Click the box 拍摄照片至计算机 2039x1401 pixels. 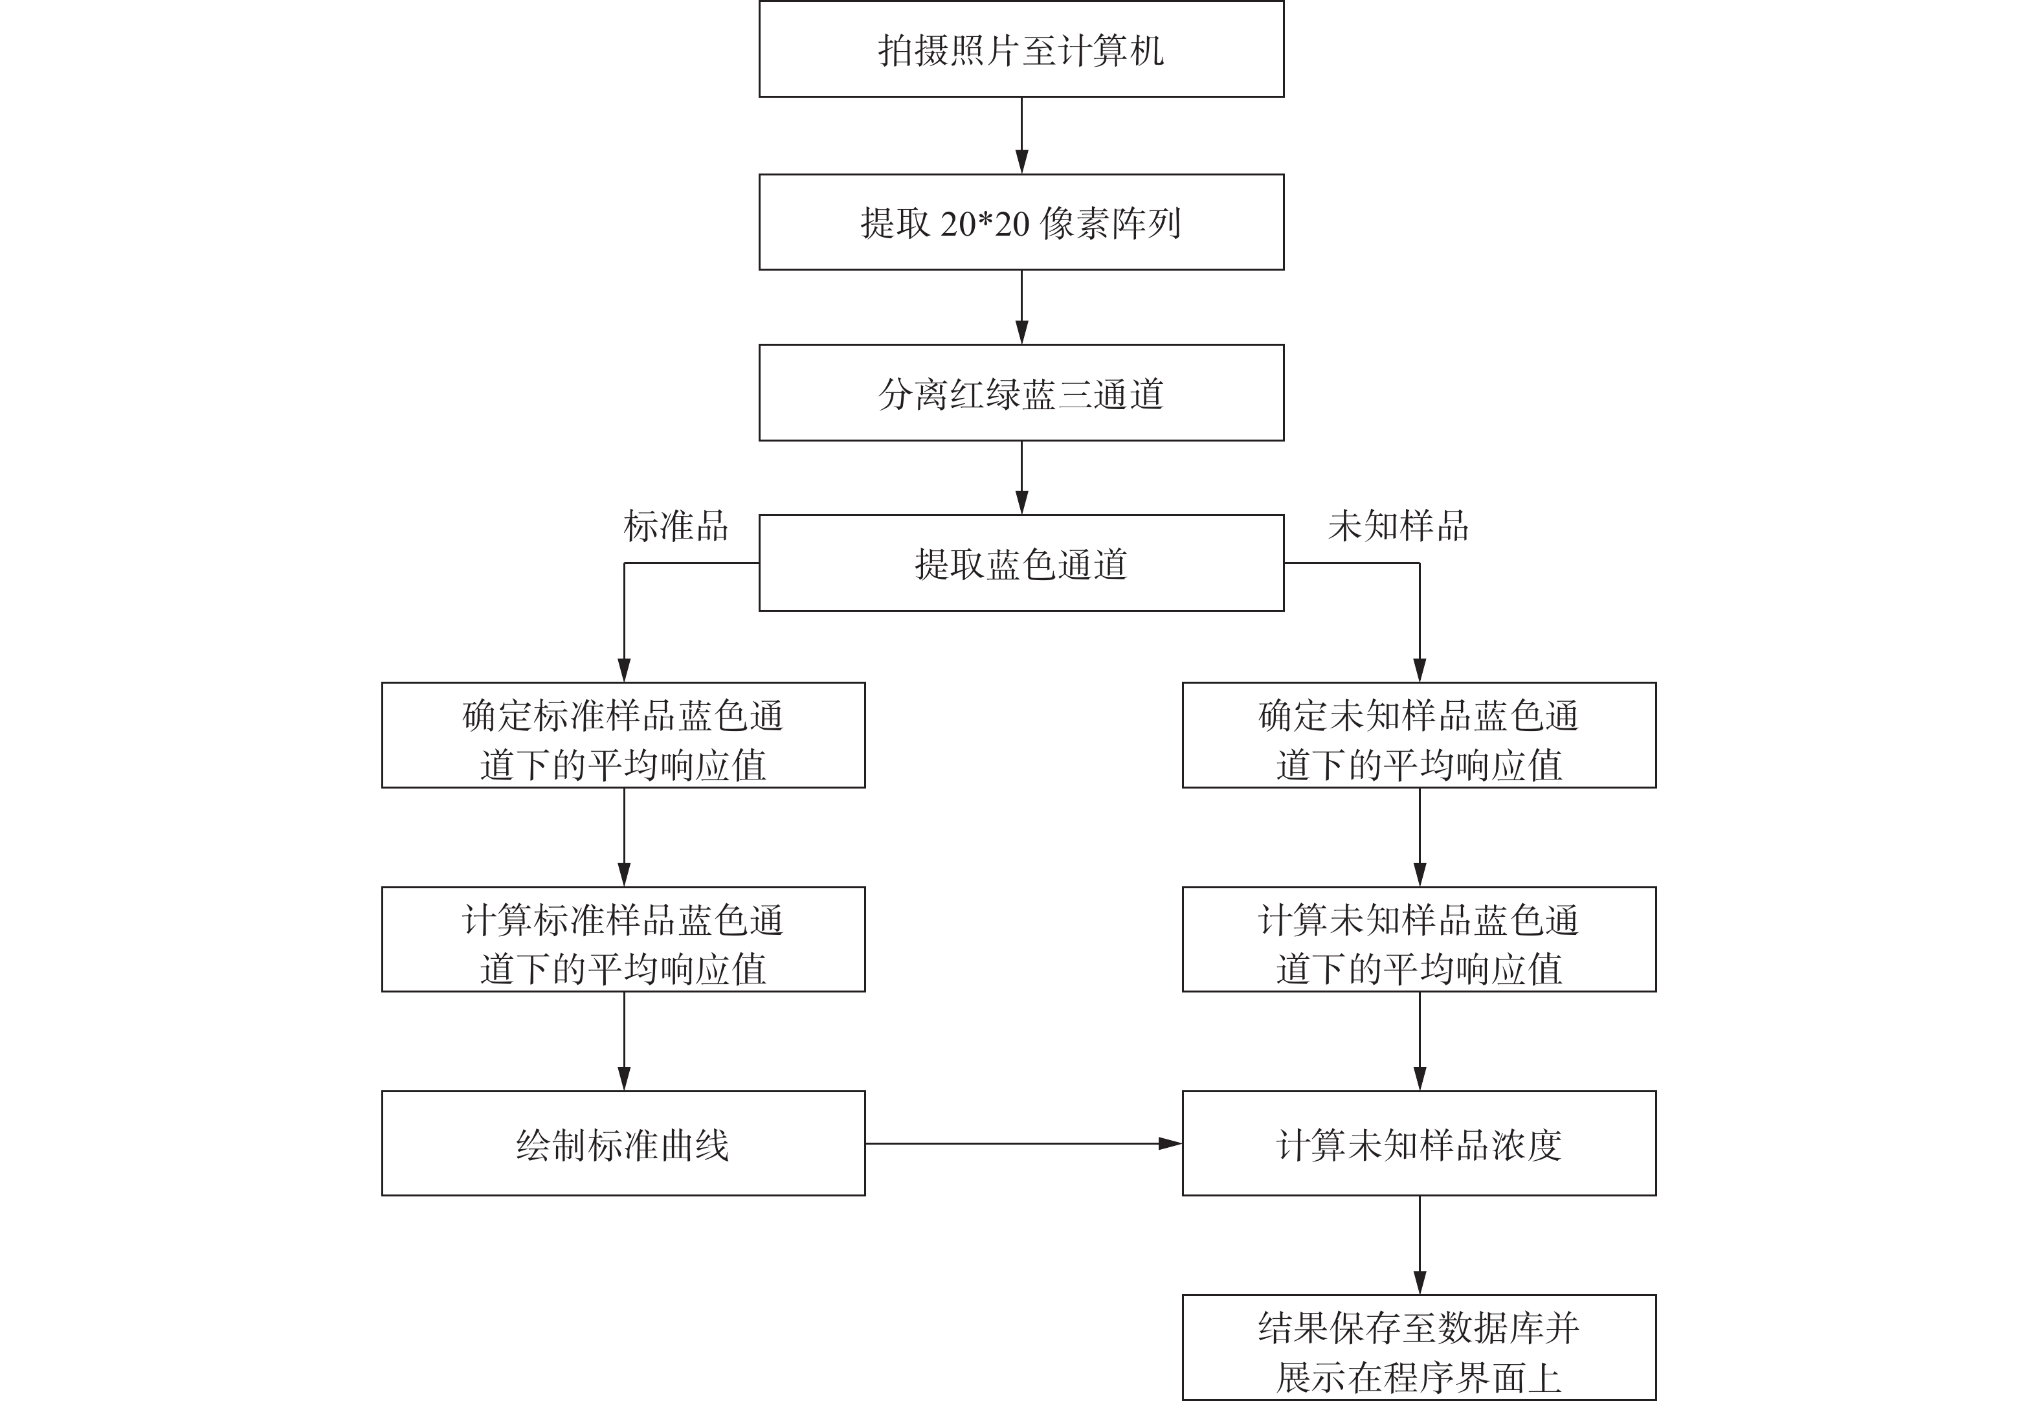click(x=1021, y=49)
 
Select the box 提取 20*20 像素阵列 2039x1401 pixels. click(x=1021, y=222)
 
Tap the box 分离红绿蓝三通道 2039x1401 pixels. click(x=1021, y=392)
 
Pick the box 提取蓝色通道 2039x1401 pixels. click(x=1021, y=563)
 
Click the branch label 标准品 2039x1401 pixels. click(x=676, y=526)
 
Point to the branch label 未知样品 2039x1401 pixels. click(x=1398, y=526)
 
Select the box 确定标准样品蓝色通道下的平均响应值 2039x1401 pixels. click(x=623, y=735)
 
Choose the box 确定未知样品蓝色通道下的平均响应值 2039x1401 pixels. click(x=1420, y=735)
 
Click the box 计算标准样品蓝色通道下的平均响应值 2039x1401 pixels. click(x=623, y=939)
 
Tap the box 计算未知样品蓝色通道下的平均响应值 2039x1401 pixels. click(x=1420, y=939)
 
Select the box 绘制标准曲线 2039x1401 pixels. click(x=623, y=1143)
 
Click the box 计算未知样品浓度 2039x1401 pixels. click(x=1420, y=1143)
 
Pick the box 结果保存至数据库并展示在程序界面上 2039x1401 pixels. click(x=1420, y=1347)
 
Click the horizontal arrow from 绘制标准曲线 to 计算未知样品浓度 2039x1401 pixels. click(x=1023, y=1144)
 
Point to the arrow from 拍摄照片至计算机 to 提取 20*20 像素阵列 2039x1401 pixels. click(x=1021, y=135)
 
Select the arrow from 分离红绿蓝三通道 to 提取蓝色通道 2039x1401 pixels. click(x=1021, y=478)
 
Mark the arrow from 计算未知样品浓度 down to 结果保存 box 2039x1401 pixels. click(x=1420, y=1245)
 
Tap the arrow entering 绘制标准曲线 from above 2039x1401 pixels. click(x=624, y=1041)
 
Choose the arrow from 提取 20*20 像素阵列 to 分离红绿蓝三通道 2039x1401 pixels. click(x=1021, y=308)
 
